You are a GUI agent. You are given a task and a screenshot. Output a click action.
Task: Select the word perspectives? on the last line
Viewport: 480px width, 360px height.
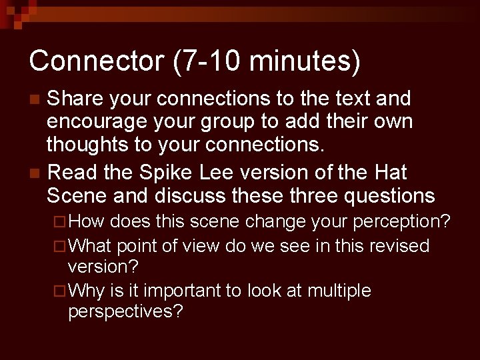pyautogui.click(x=125, y=311)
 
